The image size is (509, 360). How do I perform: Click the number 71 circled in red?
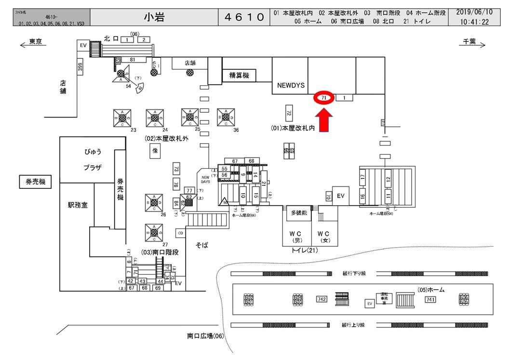[324, 97]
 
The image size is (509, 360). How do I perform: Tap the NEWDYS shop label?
[291, 85]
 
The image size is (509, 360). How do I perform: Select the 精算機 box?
[239, 75]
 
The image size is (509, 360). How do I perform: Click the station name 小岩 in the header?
[154, 17]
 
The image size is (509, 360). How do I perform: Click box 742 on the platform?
[322, 299]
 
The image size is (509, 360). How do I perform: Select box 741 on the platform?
[430, 299]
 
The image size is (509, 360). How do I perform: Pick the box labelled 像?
[155, 150]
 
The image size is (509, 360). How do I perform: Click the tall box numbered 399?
[80, 67]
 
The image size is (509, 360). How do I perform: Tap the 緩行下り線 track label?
[354, 274]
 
